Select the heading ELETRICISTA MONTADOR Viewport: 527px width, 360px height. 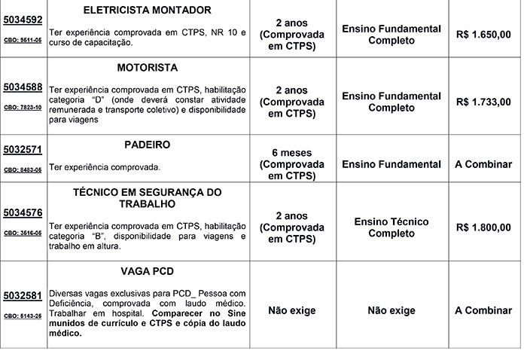tap(148, 10)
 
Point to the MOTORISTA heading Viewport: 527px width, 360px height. tap(148, 68)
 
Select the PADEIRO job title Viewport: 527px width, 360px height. tap(148, 144)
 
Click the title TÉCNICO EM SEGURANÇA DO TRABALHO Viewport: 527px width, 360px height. tap(148, 197)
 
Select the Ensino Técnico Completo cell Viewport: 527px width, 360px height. tap(391, 227)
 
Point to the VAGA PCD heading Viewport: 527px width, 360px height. tap(148, 270)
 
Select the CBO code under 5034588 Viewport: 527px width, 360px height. tap(23, 108)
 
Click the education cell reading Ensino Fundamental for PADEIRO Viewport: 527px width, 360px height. tap(391, 164)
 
